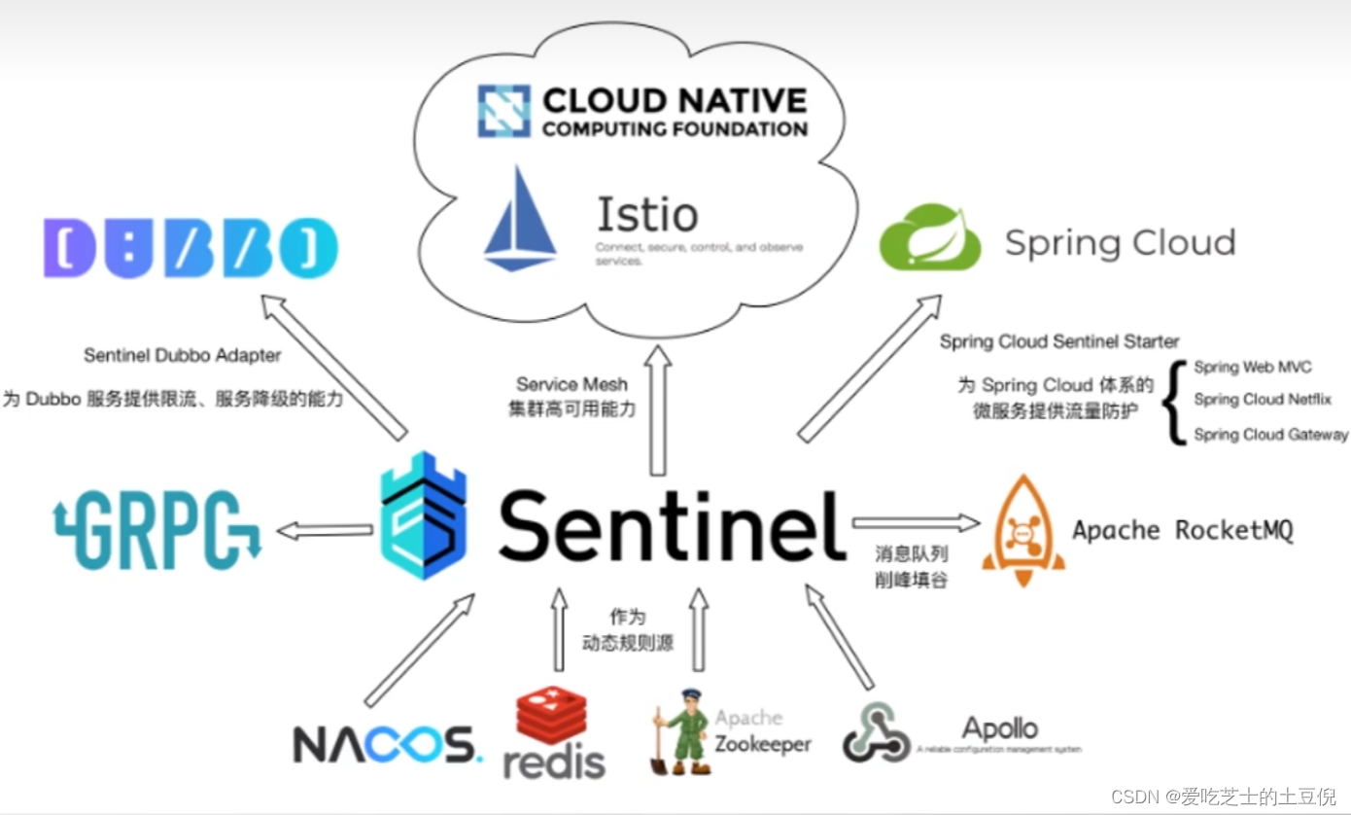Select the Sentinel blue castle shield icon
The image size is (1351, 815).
click(423, 515)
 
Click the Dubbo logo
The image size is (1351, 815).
click(191, 247)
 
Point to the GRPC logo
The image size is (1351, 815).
click(157, 530)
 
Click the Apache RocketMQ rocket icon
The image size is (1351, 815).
click(1022, 530)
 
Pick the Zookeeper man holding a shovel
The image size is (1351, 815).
click(682, 731)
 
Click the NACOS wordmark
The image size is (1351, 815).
click(387, 744)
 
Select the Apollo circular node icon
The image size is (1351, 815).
click(876, 731)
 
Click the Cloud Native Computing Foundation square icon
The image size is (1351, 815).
click(503, 111)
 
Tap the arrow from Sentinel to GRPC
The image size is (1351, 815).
click(325, 530)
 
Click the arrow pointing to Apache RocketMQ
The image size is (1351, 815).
click(915, 523)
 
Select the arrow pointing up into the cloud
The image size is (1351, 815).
click(658, 408)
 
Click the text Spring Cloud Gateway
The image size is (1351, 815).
click(1270, 435)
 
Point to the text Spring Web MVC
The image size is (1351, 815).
click(1252, 367)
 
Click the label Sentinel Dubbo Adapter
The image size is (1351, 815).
click(182, 355)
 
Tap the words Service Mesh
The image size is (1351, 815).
click(572, 384)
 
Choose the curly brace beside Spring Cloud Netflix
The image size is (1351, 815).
click(1177, 402)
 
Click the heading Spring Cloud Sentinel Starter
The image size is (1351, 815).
click(1058, 341)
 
